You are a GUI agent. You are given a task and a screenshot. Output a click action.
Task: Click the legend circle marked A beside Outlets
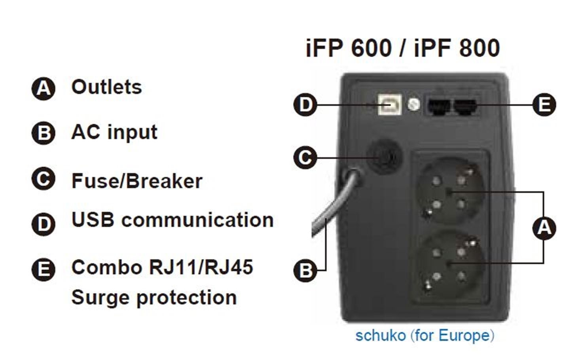(x=44, y=89)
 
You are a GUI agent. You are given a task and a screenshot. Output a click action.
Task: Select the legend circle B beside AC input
(x=44, y=133)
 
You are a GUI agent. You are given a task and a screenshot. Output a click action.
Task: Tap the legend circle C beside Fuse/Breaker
(x=44, y=178)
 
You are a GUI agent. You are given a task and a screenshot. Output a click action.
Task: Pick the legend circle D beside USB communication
(x=44, y=224)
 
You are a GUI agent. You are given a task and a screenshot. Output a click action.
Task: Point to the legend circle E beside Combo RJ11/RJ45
(x=44, y=269)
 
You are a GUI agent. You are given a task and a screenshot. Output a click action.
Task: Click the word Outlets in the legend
(x=107, y=87)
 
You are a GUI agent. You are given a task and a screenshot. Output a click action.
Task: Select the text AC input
(x=114, y=133)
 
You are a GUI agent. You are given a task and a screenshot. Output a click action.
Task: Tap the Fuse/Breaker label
(x=137, y=181)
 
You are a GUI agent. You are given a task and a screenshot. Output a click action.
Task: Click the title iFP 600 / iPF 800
(x=403, y=48)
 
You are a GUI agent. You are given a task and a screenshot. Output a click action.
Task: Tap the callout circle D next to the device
(x=305, y=104)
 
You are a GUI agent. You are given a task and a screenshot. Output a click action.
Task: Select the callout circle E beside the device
(x=544, y=104)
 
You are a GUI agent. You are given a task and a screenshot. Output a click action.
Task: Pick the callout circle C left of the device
(x=305, y=158)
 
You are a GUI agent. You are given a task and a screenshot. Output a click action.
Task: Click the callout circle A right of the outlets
(x=544, y=228)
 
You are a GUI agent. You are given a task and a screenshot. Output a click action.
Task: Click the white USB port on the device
(x=390, y=104)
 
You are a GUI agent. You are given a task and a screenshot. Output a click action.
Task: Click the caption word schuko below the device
(x=381, y=335)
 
